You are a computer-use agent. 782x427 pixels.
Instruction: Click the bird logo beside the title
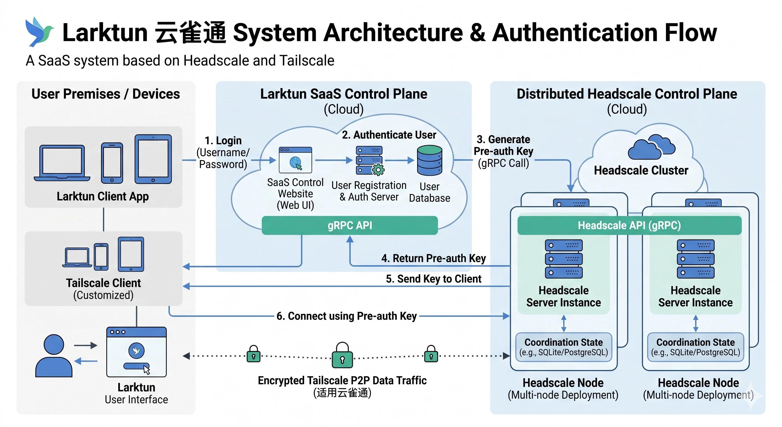39,32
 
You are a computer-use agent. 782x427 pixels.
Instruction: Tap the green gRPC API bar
349,225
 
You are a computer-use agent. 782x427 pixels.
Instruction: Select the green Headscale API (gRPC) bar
629,225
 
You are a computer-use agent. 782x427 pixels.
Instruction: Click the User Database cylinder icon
429,160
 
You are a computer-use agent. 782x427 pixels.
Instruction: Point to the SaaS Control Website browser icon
295,160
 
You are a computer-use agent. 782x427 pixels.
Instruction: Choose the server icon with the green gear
369,160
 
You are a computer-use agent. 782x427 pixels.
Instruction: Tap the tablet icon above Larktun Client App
153,159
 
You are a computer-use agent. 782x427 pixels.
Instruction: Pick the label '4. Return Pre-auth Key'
433,258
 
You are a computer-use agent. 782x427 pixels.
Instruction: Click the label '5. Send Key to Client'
433,279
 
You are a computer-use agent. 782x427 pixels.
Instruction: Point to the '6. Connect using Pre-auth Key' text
346,316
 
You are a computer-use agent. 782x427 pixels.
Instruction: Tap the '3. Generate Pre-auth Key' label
503,151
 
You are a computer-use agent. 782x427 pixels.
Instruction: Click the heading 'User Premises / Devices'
106,94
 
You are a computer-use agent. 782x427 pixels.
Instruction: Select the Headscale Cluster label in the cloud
641,170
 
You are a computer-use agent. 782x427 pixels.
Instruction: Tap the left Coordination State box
563,347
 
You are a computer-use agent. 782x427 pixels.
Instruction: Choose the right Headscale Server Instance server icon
695,259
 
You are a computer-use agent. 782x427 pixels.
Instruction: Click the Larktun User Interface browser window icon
136,352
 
